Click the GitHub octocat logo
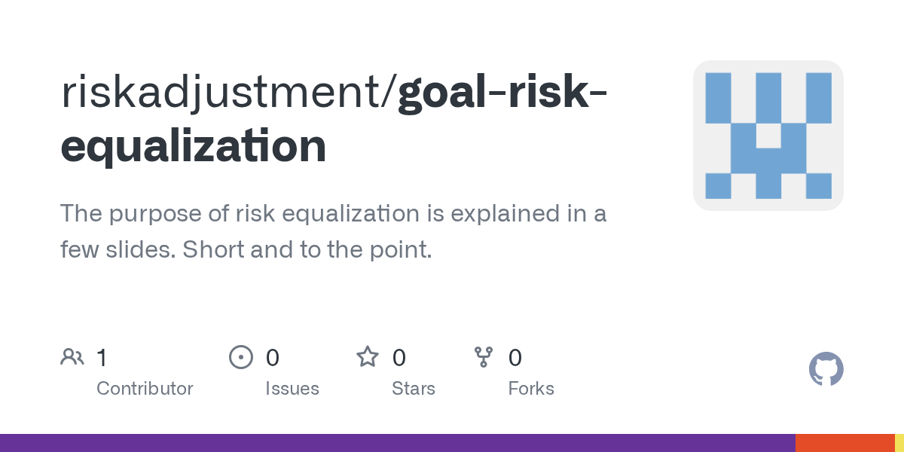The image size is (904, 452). tap(826, 369)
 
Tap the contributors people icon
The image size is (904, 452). tap(72, 356)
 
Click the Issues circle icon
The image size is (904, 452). tap(240, 356)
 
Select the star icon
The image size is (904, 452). tap(367, 356)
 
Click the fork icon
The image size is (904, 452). tap(483, 356)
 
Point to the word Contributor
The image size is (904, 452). tap(145, 389)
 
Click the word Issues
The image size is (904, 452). tap(292, 389)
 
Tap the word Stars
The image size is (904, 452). tap(413, 389)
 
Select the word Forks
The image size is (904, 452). tap(531, 389)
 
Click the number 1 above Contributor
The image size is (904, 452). tap(102, 357)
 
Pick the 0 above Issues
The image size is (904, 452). tap(273, 357)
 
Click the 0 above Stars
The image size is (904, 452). tap(399, 357)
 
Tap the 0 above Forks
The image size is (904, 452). tap(515, 357)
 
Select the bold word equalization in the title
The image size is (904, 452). tap(193, 146)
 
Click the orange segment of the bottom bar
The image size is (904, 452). tap(844, 443)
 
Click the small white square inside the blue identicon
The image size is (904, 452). tap(768, 136)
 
